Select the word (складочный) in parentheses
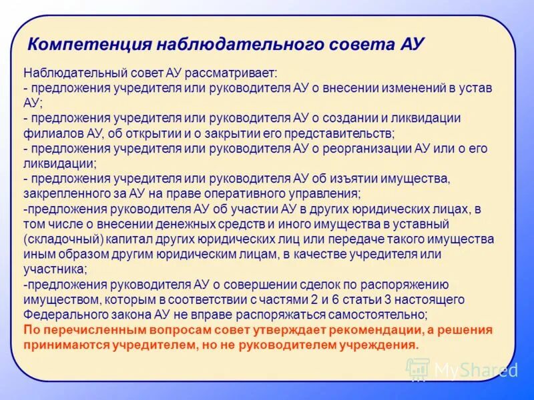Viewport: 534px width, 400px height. coord(63,239)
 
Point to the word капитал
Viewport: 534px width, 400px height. coord(133,239)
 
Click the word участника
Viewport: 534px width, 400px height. coord(54,269)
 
